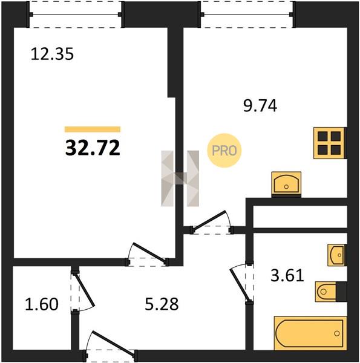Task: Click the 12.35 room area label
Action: tap(52, 54)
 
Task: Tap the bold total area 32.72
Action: tap(93, 148)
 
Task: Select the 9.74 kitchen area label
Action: tap(260, 106)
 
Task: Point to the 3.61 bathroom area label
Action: tap(287, 275)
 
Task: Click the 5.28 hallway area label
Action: tap(162, 304)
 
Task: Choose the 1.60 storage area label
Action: tap(42, 304)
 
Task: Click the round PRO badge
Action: tap(224, 151)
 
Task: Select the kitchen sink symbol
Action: tap(286, 185)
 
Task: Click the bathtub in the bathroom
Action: tap(310, 333)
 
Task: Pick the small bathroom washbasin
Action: tap(337, 255)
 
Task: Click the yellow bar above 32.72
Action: tap(93, 129)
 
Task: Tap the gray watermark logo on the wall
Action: tap(180, 178)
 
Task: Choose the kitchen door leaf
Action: tap(208, 220)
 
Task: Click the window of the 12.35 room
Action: tap(76, 15)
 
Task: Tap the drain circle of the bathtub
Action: tap(337, 333)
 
